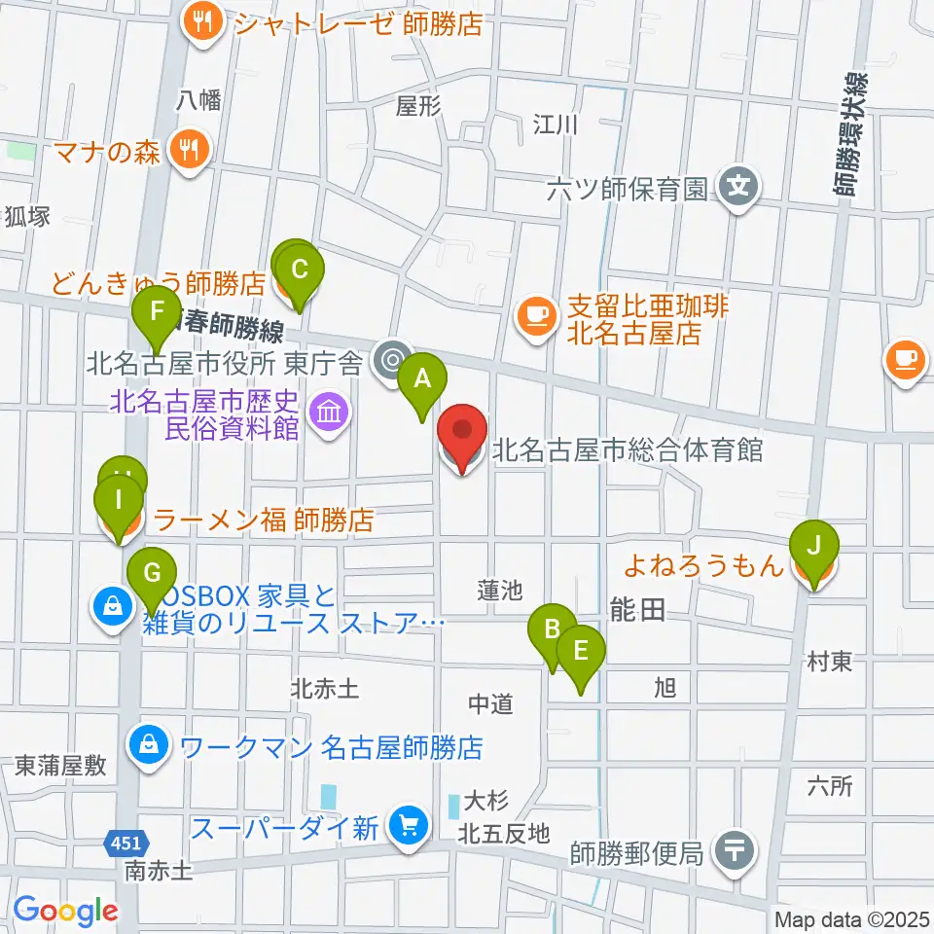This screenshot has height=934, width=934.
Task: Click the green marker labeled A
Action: pyautogui.click(x=421, y=378)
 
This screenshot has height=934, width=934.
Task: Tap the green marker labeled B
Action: pyautogui.click(x=553, y=629)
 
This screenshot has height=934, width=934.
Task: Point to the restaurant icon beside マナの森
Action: pyautogui.click(x=188, y=150)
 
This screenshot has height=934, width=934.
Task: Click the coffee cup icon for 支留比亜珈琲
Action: pyautogui.click(x=534, y=313)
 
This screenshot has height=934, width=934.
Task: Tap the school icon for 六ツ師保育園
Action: pyautogui.click(x=740, y=183)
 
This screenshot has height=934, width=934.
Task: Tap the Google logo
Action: pyautogui.click(x=65, y=911)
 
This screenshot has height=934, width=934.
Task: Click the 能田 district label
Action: pyautogui.click(x=638, y=610)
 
